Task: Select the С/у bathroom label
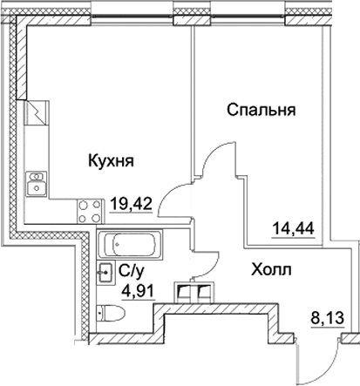point(131,270)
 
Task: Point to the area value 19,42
point(132,207)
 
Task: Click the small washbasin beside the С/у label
point(106,271)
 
